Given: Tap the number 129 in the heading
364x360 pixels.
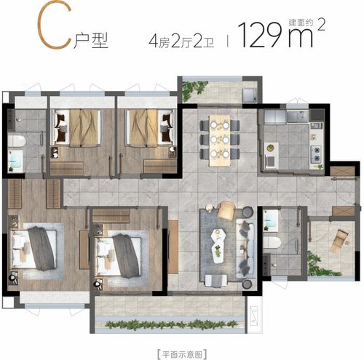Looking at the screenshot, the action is pyautogui.click(x=261, y=35).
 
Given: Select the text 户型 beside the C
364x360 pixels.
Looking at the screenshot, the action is pyautogui.click(x=91, y=40).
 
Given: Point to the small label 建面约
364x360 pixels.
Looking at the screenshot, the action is pyautogui.click(x=301, y=23).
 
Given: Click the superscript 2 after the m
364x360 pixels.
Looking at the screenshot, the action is pyautogui.click(x=321, y=25).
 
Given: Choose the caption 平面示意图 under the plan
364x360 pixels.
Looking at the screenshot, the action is pyautogui.click(x=182, y=354).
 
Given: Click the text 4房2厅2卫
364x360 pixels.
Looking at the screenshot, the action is pyautogui.click(x=181, y=41).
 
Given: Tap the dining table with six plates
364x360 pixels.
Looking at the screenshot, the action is pyautogui.click(x=220, y=140).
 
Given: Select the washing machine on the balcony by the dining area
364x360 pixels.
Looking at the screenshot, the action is pyautogui.click(x=250, y=95).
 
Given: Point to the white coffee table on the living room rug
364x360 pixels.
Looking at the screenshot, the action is pyautogui.click(x=218, y=246).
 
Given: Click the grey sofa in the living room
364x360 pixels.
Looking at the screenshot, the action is pyautogui.click(x=245, y=248).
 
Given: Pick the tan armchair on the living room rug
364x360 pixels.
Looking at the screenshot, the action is pyautogui.click(x=226, y=210).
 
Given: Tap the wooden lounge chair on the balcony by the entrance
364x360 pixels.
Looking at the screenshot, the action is pyautogui.click(x=341, y=241).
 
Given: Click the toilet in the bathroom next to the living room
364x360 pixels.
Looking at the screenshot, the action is pyautogui.click(x=272, y=242).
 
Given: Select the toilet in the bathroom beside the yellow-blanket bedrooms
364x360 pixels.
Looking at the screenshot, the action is pyautogui.click(x=17, y=141).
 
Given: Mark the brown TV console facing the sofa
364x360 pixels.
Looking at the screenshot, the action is pyautogui.click(x=173, y=247).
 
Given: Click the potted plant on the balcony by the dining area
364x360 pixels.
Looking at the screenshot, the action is pyautogui.click(x=194, y=89).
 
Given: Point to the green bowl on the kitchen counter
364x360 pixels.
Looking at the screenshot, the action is pyautogui.click(x=270, y=147).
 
